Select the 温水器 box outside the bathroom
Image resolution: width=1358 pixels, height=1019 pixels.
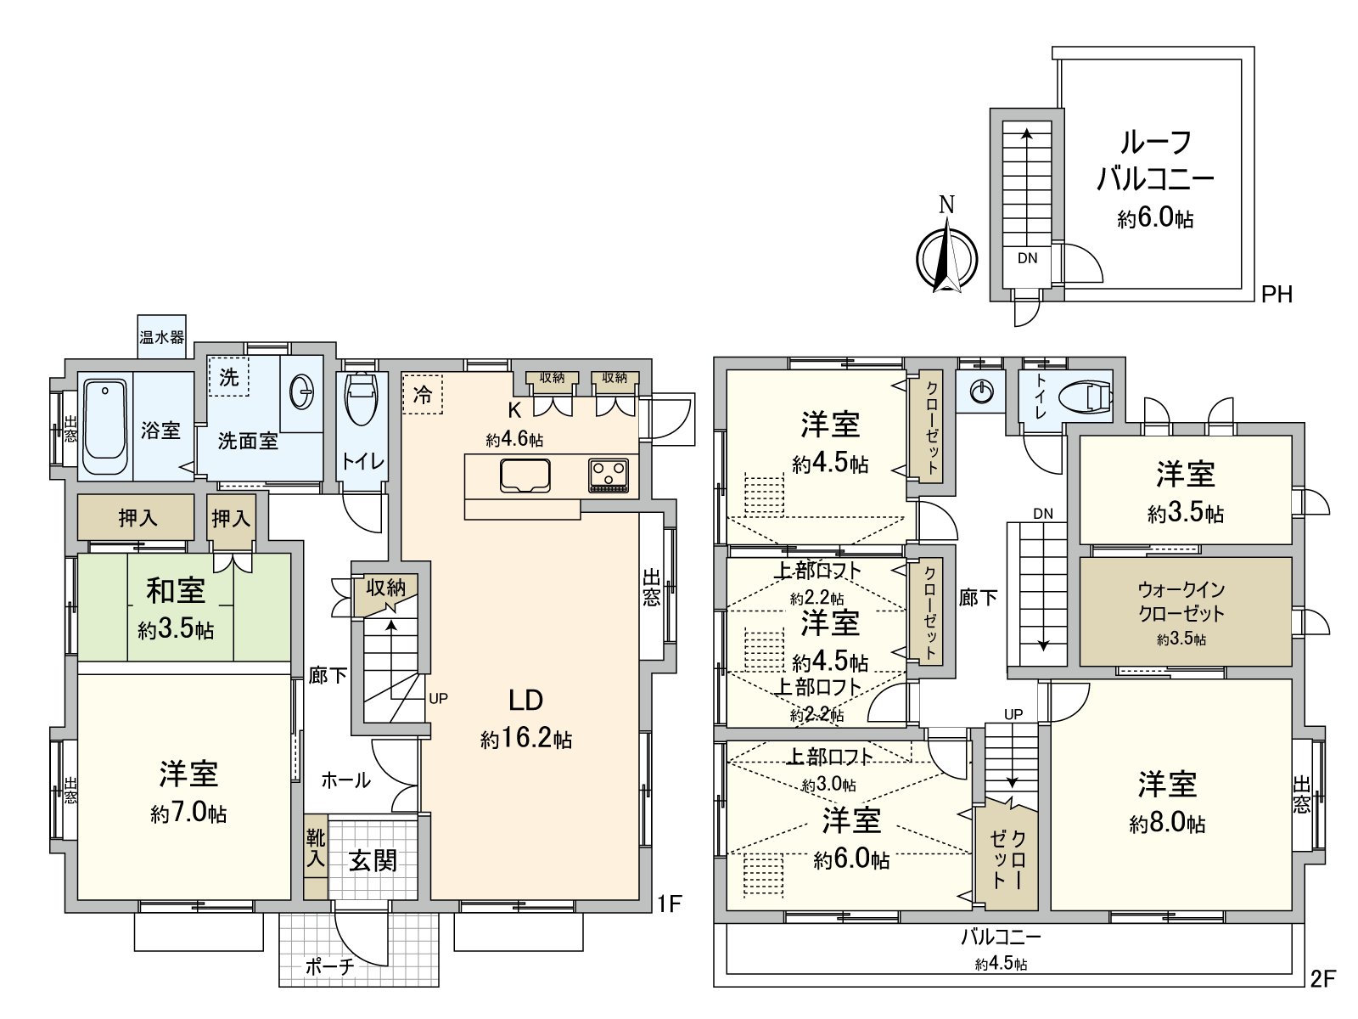click(x=161, y=337)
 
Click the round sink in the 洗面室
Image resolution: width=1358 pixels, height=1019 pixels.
click(x=301, y=393)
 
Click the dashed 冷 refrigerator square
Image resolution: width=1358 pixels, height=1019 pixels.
click(x=422, y=395)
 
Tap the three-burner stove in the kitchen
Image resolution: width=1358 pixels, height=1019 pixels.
click(x=609, y=475)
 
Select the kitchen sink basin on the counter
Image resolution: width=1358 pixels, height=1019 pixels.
click(x=525, y=475)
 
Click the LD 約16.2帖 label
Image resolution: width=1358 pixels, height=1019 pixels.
click(x=526, y=718)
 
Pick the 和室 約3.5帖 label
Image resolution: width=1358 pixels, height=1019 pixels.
click(x=176, y=608)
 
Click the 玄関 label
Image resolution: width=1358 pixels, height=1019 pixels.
click(x=373, y=860)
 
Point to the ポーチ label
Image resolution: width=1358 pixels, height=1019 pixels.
click(x=329, y=966)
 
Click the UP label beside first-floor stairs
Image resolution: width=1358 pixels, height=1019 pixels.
click(x=438, y=699)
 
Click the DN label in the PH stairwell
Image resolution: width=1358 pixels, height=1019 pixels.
click(x=1027, y=258)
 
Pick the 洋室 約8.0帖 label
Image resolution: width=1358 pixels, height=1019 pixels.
click(x=1167, y=801)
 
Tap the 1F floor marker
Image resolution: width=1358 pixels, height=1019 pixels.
click(x=669, y=904)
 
